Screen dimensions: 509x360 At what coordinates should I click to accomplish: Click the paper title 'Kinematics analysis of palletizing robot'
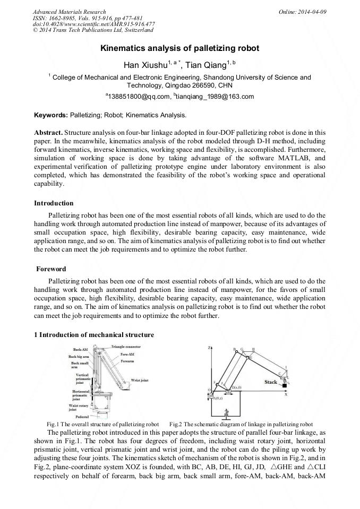[x=180, y=48]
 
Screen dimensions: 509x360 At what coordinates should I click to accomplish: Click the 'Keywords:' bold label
[x=51, y=115]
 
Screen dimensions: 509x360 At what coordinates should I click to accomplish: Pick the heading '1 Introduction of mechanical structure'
[x=94, y=335]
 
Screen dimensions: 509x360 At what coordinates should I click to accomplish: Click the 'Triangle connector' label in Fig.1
[x=126, y=347]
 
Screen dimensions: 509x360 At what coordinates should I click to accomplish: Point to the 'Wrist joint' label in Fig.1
[x=140, y=381]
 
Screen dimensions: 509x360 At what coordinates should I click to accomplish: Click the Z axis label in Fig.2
[x=210, y=347]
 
